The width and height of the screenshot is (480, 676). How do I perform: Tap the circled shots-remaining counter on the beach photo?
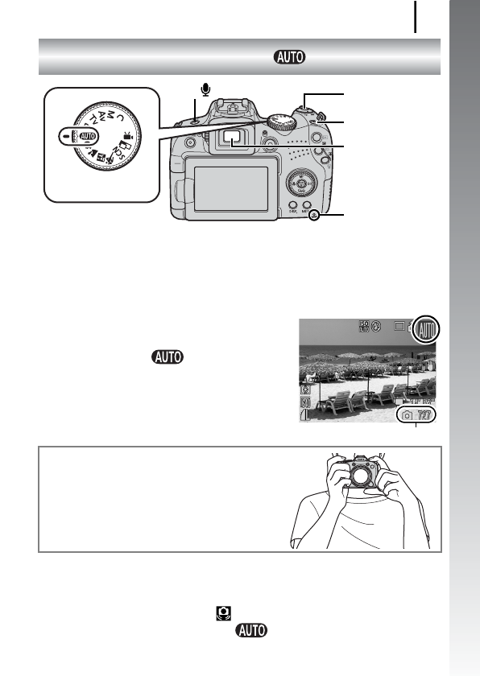[x=418, y=414]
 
